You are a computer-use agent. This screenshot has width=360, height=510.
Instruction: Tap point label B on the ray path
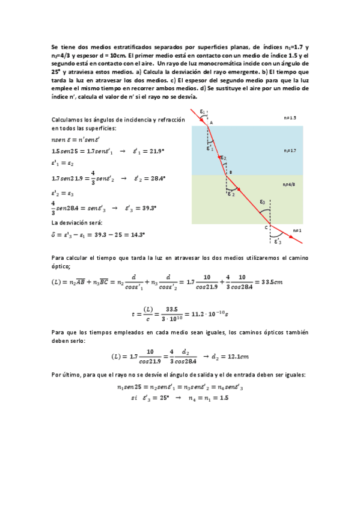click(x=231, y=171)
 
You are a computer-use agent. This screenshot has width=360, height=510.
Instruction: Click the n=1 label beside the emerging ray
click(x=296, y=230)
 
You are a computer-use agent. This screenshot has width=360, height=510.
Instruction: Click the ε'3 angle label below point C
click(x=277, y=242)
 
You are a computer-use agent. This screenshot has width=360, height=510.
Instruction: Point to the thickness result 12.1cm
click(x=219, y=356)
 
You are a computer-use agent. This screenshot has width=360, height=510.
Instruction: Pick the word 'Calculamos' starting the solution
click(x=67, y=120)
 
